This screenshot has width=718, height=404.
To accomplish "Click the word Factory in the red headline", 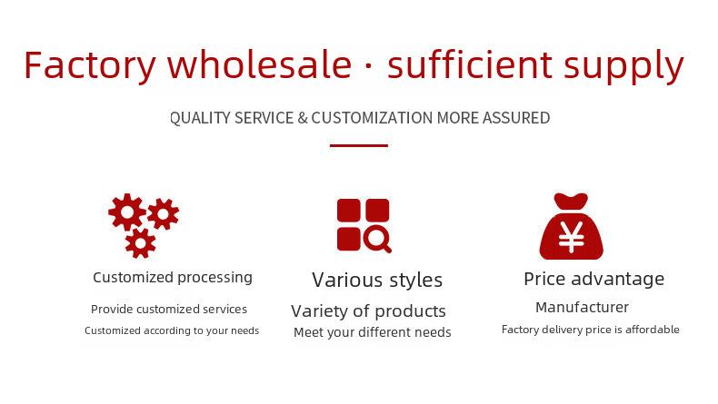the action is coord(90,66).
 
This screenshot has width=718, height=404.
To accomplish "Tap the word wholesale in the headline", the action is coord(260,64).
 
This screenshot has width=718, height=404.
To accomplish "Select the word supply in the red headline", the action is coord(623,66).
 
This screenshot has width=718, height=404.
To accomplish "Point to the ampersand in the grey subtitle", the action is coord(303,118).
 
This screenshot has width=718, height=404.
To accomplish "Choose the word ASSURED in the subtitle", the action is coord(516,118).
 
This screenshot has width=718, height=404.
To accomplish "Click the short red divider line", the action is coord(359,145).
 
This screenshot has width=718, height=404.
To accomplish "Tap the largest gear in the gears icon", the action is coord(127,212).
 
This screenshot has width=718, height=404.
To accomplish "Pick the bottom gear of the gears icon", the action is coord(140,243).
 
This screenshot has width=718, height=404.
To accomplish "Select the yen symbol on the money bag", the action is coord(572,237).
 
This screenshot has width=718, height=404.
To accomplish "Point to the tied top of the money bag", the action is coord(571,202).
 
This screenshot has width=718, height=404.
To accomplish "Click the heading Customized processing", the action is coord(173,278).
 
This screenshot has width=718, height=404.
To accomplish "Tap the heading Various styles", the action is coord(377,280).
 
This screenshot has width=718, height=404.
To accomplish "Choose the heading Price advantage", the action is coord(593,279).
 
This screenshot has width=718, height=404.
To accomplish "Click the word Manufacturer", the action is coord(582,307).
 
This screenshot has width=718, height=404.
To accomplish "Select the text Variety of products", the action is coord(368,311).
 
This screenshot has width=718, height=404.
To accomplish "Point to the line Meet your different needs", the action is coord(373,332).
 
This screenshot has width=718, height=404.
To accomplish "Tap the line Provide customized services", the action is coord(169,310).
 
